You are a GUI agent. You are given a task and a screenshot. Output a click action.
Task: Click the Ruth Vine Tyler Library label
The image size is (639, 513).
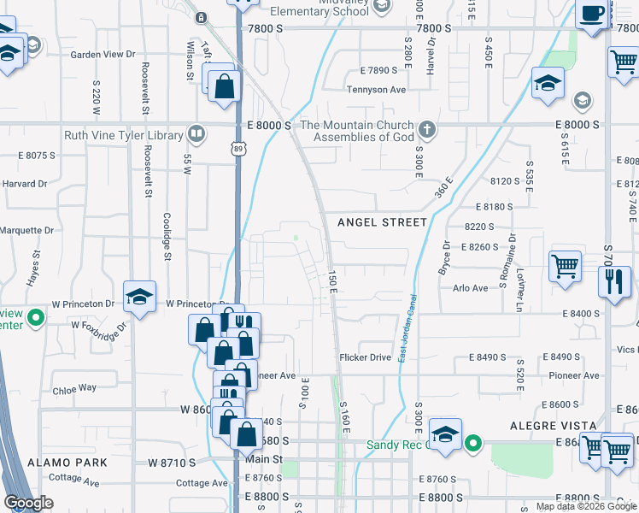point(124,135)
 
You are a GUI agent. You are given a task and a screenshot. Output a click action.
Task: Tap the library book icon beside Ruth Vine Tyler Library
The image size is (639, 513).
point(196,134)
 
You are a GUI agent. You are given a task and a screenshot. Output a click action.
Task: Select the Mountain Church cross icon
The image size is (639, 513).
point(427,131)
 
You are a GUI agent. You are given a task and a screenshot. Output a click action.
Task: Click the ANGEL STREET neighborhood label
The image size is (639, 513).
point(382,222)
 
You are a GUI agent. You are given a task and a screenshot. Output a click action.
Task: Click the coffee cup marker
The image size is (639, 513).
point(593,15)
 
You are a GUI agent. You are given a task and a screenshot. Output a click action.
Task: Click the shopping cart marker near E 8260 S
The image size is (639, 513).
point(565,266)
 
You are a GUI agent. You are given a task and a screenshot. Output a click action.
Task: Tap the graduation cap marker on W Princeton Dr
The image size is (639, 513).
point(139,297)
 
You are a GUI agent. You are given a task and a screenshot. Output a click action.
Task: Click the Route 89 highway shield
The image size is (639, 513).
point(237,149)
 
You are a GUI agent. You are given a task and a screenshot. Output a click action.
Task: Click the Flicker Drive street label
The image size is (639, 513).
point(365,357)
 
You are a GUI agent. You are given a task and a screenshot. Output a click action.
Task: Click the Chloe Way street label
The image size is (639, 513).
point(74,387)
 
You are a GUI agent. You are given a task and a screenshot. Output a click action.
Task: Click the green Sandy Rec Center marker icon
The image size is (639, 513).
point(474,444)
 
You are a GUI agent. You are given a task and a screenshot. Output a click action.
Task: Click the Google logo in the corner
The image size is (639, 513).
point(28,503)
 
